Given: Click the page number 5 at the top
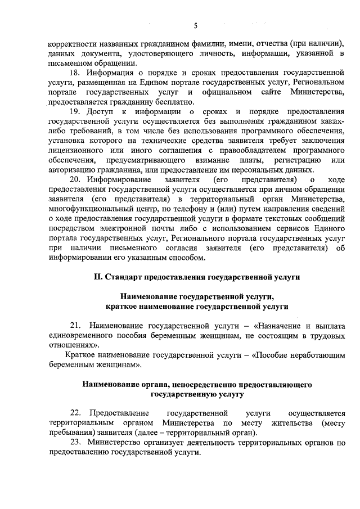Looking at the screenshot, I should (x=196, y=25).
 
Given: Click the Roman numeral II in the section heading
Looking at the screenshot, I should (x=96, y=277).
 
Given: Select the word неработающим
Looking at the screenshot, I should (x=315, y=355).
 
